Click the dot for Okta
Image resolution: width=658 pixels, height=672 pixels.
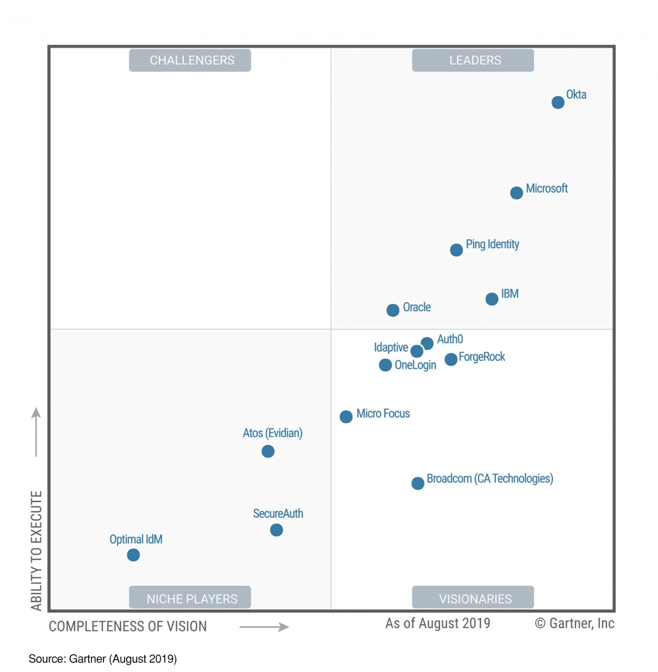[558, 103]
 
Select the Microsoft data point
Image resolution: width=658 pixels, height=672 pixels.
[516, 193]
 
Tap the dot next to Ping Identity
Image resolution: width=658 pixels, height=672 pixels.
[456, 250]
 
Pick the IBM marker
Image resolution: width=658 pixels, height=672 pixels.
[492, 299]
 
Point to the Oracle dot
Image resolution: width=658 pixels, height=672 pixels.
[392, 310]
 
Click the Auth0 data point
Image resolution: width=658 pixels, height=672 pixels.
[427, 343]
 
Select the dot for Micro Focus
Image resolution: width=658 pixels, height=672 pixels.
[346, 417]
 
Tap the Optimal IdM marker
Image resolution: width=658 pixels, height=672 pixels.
[133, 555]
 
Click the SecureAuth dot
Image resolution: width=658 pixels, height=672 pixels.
[276, 530]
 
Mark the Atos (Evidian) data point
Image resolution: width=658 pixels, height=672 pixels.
[268, 451]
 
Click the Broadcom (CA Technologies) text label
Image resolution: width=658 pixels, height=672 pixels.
[490, 479]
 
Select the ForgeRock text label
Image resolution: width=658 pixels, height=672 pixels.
[482, 357]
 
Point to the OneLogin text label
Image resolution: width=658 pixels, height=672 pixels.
[415, 365]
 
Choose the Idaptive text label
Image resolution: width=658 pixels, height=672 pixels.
[391, 348]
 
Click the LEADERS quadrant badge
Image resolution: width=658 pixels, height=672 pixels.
[473, 60]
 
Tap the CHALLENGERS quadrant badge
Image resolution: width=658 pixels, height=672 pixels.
[190, 60]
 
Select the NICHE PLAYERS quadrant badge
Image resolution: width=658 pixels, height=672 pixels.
[190, 598]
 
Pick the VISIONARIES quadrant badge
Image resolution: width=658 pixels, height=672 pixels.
[473, 598]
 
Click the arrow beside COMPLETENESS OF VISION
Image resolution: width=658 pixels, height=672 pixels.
[264, 627]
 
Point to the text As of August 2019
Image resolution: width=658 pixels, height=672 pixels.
[438, 623]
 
